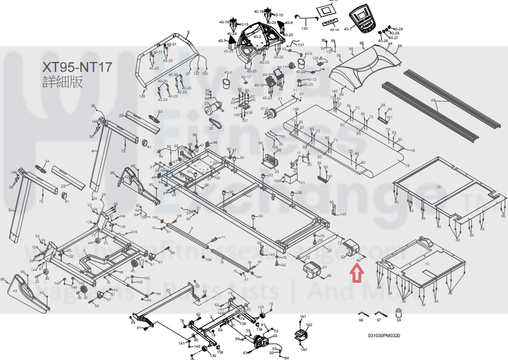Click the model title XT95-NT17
coord(77,66)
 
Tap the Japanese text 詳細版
coord(63,81)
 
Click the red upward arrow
coord(355,273)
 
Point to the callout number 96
coord(361,321)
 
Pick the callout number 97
coord(379,321)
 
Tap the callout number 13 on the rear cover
coord(427,265)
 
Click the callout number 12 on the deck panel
coord(438,186)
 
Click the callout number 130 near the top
coord(304,28)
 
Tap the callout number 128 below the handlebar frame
coord(142,95)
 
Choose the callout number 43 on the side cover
coord(15,291)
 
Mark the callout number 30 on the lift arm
coord(167,290)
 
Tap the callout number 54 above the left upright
coord(47,161)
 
